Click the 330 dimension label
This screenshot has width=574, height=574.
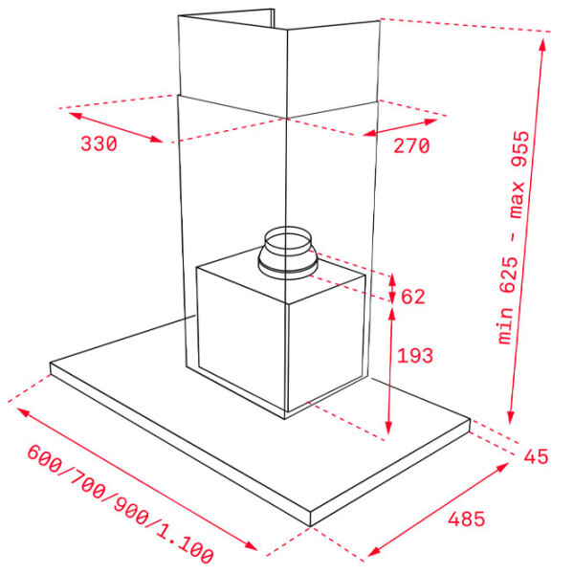pyautogui.click(x=99, y=143)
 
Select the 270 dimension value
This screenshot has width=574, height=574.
pyautogui.click(x=411, y=145)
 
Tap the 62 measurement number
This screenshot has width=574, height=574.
pyautogui.click(x=413, y=297)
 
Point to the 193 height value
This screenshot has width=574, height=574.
pyautogui.click(x=415, y=356)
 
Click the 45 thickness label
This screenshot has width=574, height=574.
pyautogui.click(x=536, y=456)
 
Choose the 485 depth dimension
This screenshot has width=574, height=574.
pyautogui.click(x=467, y=519)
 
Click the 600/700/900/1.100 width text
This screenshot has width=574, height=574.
pyautogui.click(x=121, y=504)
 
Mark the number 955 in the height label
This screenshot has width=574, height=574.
pyautogui.click(x=519, y=149)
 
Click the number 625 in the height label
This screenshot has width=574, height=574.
pyautogui.click(x=510, y=276)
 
